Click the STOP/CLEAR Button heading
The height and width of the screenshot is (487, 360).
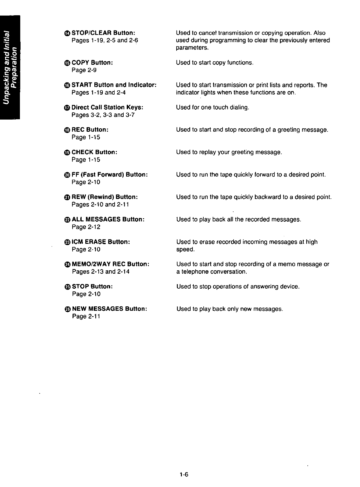103,33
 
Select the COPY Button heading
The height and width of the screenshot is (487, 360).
92,63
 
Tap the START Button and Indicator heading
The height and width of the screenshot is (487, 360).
114,85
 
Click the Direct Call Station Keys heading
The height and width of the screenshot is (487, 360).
107,107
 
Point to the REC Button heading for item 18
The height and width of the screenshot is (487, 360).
90,130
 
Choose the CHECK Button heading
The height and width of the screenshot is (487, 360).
94,152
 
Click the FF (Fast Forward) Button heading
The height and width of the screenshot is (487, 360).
109,175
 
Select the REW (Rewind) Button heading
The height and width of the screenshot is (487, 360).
105,197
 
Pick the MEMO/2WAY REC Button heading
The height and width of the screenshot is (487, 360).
111,264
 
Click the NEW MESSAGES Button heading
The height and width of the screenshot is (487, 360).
109,309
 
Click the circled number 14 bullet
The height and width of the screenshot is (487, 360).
67,33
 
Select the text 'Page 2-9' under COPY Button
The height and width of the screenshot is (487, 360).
84,70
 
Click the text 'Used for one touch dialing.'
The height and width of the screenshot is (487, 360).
212,107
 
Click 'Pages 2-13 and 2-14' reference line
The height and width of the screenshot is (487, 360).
101,272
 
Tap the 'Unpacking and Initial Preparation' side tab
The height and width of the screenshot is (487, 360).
10,67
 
